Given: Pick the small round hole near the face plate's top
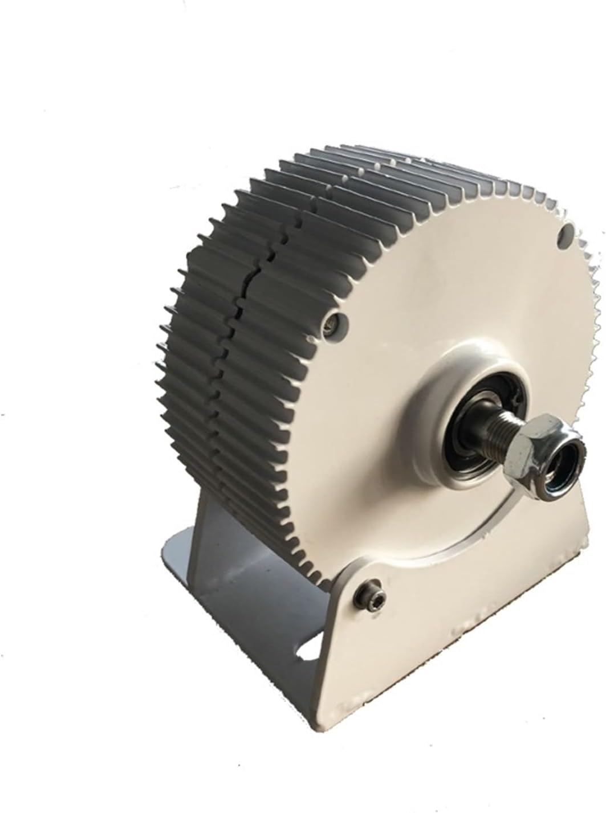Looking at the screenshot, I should pyautogui.click(x=566, y=232).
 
